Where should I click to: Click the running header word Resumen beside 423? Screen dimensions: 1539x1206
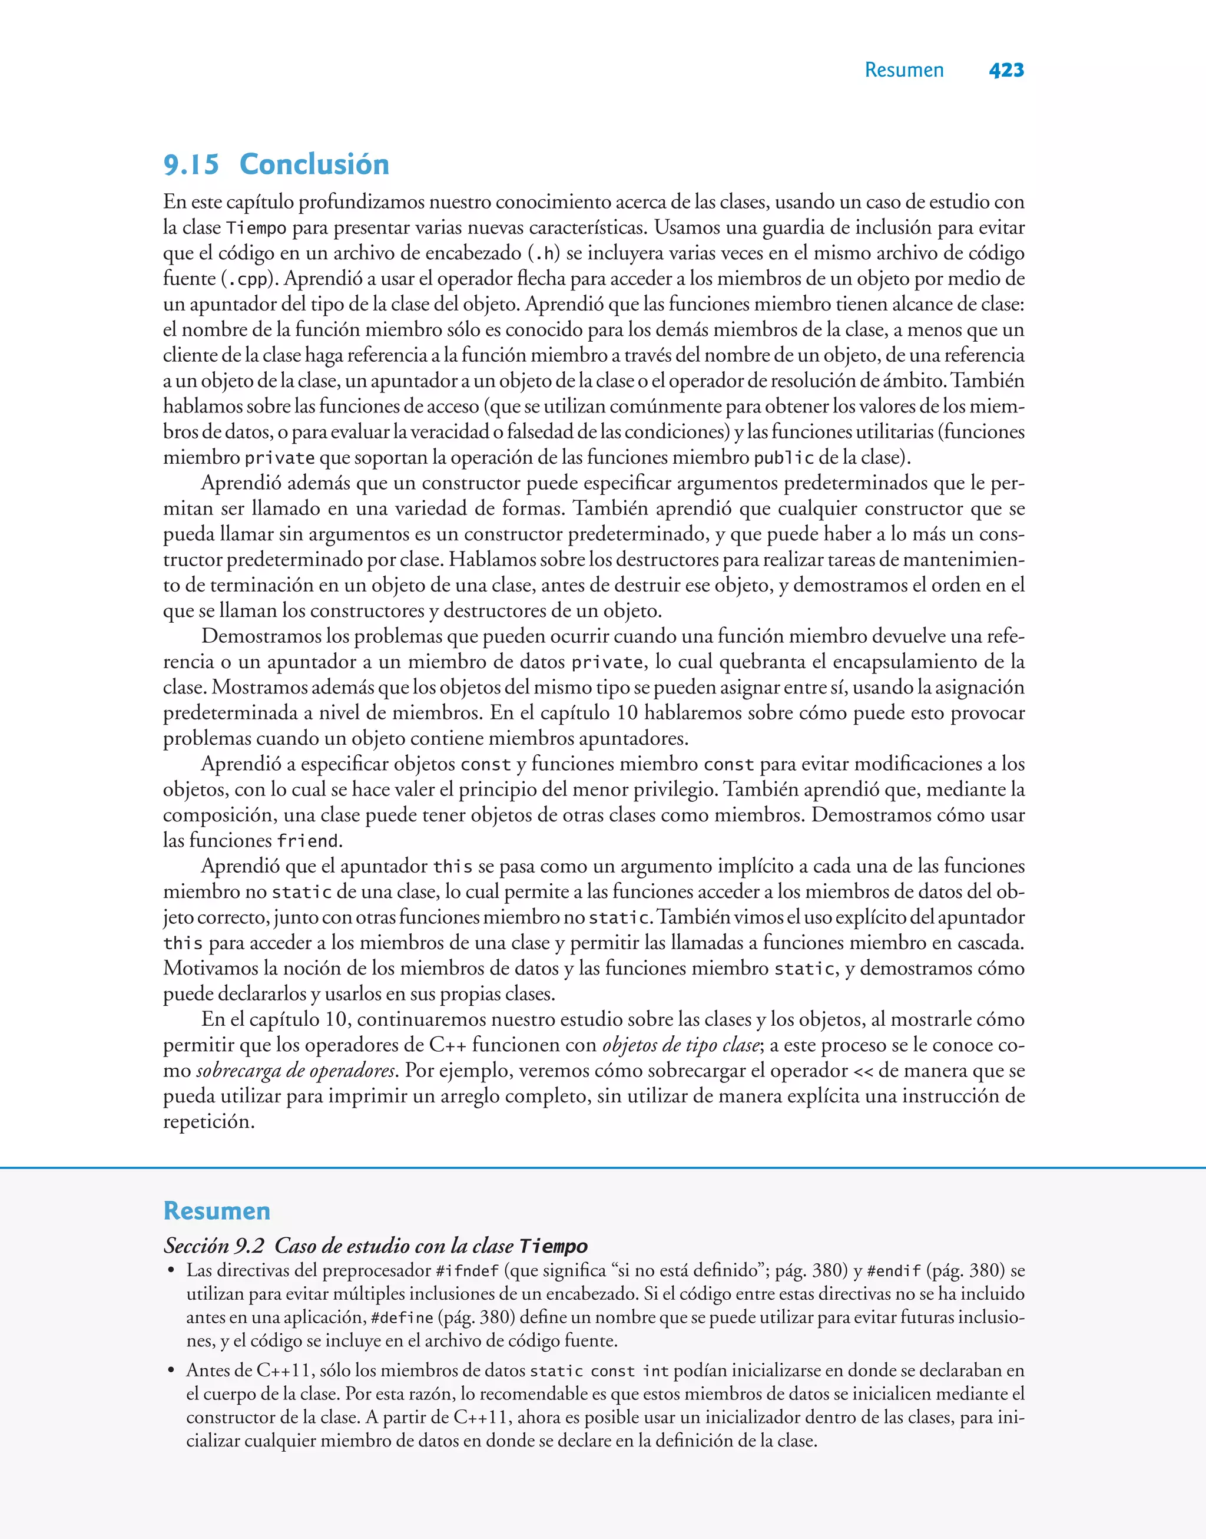(x=904, y=70)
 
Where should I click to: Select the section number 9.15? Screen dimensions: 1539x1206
(x=191, y=164)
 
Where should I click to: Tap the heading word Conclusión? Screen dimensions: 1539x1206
(x=314, y=164)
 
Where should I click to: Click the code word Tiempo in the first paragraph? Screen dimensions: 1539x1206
(x=256, y=228)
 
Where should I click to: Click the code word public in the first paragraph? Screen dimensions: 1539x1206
(x=784, y=458)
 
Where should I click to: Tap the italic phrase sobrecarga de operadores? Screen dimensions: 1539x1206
(x=296, y=1071)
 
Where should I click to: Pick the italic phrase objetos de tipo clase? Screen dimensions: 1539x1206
(x=681, y=1045)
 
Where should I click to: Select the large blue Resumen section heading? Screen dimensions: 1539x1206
(x=217, y=1211)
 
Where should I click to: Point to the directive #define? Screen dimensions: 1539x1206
(x=402, y=1318)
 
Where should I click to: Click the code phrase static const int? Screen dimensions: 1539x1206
(x=599, y=1372)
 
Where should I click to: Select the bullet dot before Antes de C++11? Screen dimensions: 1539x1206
(x=170, y=1371)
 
